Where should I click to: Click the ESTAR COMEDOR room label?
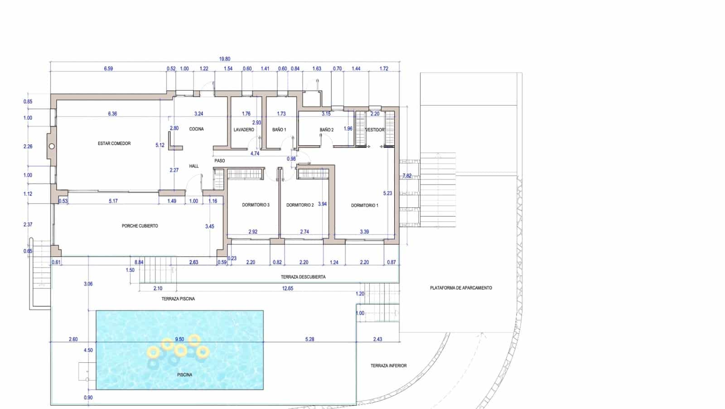click(114, 143)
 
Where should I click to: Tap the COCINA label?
click(196, 129)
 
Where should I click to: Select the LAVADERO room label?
click(244, 130)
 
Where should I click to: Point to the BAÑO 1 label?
click(279, 130)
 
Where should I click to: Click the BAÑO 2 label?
click(326, 130)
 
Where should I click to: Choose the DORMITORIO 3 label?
click(256, 205)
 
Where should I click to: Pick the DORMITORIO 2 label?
click(300, 205)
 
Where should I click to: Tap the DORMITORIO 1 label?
click(364, 205)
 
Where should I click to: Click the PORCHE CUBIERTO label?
click(140, 226)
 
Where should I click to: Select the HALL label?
click(194, 166)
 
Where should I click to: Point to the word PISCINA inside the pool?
click(184, 375)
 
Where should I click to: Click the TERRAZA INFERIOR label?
click(388, 365)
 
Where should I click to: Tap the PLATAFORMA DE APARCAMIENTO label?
click(461, 288)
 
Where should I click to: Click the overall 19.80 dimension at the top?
click(225, 59)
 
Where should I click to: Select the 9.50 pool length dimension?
click(179, 339)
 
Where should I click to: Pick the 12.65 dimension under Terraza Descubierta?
click(288, 288)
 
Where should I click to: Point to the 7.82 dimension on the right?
click(407, 175)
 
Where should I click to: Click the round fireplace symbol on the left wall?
click(52, 146)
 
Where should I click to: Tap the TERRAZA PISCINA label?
click(178, 299)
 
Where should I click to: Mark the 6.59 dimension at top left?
click(108, 69)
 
